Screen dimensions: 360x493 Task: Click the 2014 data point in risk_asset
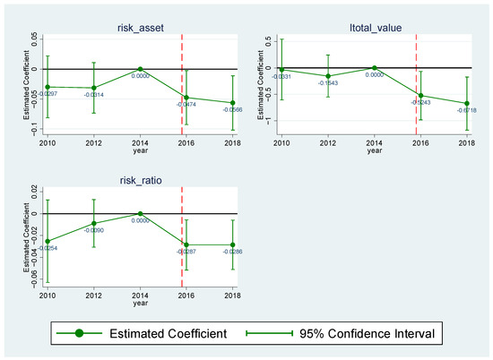pyautogui.click(x=139, y=69)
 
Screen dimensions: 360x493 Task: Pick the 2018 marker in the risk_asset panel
pyautogui.click(x=232, y=103)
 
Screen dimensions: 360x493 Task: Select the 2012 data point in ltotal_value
pyautogui.click(x=328, y=76)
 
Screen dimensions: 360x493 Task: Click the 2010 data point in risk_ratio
pyautogui.click(x=47, y=241)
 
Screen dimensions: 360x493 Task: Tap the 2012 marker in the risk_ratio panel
pyautogui.click(x=92, y=223)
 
